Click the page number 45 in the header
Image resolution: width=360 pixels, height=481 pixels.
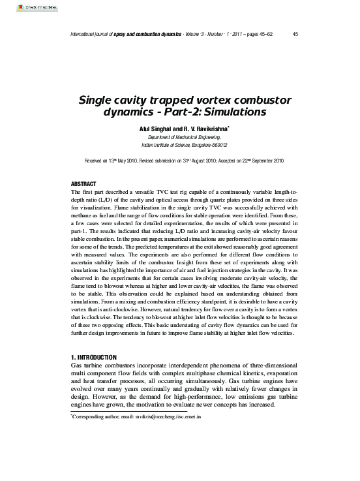click(x=296, y=35)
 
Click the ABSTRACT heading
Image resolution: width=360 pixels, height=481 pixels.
click(x=83, y=184)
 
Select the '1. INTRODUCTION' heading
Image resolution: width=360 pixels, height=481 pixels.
click(x=93, y=358)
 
